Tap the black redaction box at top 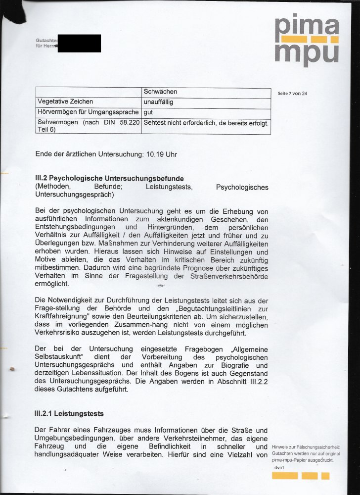pyautogui.click(x=79, y=43)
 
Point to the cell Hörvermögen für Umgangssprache pyautogui.click(x=89, y=112)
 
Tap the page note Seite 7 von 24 pyautogui.click(x=293, y=93)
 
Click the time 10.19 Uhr pyautogui.click(x=161, y=154)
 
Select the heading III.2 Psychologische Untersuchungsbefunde pyautogui.click(x=109, y=178)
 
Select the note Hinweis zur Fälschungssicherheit pyautogui.click(x=306, y=447)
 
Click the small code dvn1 pyautogui.click(x=280, y=467)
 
